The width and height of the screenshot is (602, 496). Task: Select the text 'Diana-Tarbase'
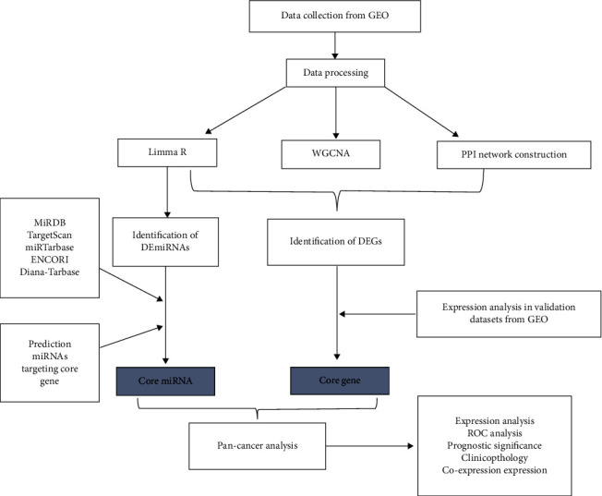50,251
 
